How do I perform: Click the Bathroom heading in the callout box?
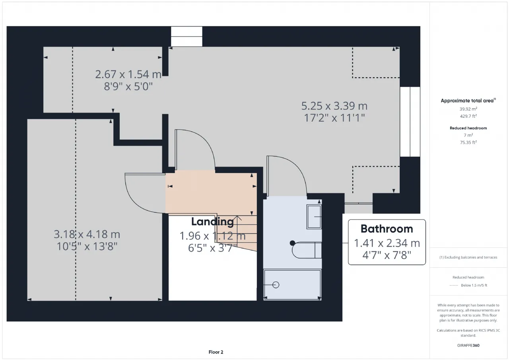[x=387, y=229]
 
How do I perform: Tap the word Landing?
[x=212, y=222]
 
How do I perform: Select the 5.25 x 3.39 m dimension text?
[x=334, y=106]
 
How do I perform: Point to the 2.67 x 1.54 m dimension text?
[x=128, y=74]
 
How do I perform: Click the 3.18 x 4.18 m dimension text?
[x=87, y=234]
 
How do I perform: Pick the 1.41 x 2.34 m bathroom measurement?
[x=387, y=243]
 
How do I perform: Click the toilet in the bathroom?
[x=307, y=250]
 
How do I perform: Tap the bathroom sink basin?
[x=314, y=216]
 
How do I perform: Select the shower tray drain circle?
[x=276, y=285]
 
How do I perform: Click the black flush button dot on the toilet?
[x=292, y=243]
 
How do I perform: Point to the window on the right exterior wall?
[x=410, y=122]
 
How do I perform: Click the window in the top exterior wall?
[x=187, y=37]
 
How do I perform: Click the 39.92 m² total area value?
[x=468, y=109]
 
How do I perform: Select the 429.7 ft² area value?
[x=468, y=116]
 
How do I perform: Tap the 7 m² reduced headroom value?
[x=468, y=135]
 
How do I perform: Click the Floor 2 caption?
[x=216, y=352]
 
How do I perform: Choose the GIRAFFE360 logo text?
[x=468, y=345]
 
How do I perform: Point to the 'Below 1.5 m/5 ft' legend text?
[x=474, y=285]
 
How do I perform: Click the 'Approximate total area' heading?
[x=467, y=101]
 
